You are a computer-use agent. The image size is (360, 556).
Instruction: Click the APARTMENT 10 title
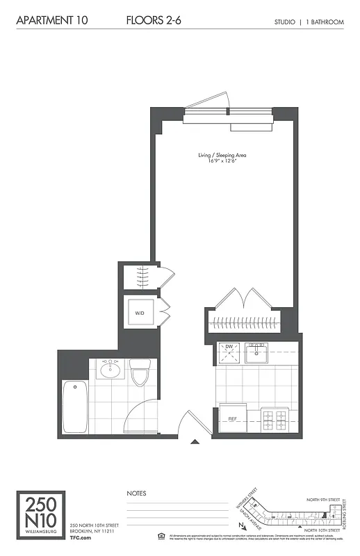[53, 22]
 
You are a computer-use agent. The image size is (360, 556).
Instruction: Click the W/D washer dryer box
[140, 313]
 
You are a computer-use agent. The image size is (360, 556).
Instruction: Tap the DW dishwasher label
[228, 347]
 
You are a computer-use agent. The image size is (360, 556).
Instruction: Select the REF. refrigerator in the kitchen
[234, 419]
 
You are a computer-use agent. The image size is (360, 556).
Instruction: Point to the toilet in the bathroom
[140, 374]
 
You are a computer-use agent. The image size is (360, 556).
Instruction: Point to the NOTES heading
[136, 493]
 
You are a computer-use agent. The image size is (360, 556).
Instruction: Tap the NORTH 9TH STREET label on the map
[325, 499]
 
